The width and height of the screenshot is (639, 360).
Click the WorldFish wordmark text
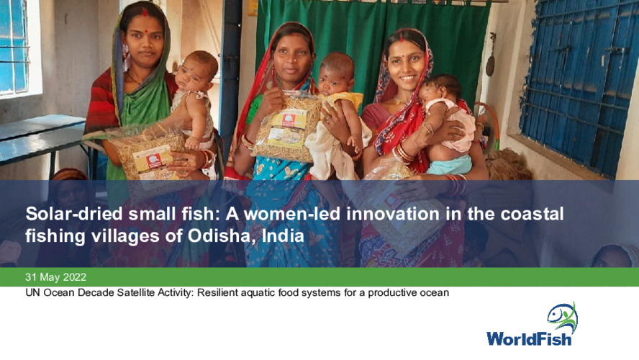coord(529,338)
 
